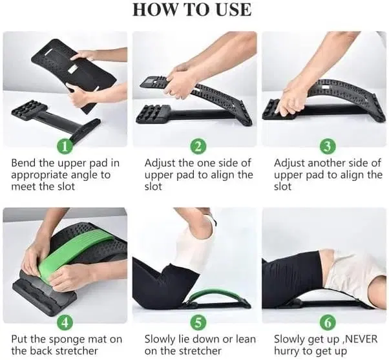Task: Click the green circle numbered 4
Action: click(x=64, y=321)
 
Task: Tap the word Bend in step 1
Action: click(x=24, y=163)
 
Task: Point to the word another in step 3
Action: click(x=328, y=163)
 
